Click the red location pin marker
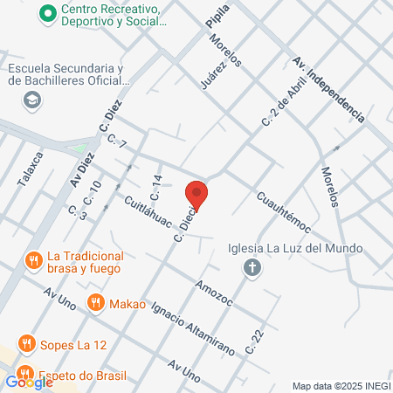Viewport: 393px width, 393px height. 196,195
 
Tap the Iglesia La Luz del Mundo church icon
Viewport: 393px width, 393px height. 252,266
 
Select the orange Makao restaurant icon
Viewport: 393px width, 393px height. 96,304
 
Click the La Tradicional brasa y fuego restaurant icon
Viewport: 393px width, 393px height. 33,260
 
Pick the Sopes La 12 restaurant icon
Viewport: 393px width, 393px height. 27,344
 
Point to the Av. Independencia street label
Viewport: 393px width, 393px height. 327,88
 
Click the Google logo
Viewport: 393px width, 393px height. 28,381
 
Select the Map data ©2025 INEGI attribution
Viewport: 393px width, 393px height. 340,385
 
